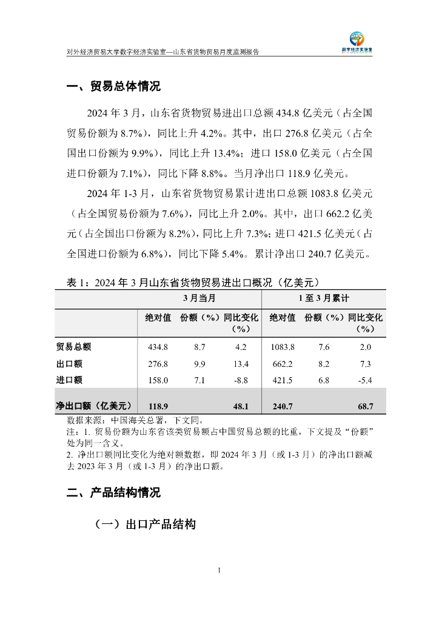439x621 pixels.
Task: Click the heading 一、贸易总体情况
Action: [x=113, y=87]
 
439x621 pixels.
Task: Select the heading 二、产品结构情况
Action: [x=113, y=492]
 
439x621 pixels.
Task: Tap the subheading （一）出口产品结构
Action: [x=145, y=525]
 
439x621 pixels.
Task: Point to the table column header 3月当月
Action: [x=199, y=299]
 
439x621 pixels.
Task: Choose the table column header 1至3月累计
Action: [x=323, y=299]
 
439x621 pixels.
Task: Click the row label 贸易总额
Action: [x=73, y=347]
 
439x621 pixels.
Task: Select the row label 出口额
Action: [x=69, y=364]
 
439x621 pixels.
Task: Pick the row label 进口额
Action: [x=69, y=380]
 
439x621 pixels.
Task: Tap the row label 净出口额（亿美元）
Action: [x=94, y=406]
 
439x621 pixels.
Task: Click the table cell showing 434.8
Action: [x=158, y=347]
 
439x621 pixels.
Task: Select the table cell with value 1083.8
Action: [x=282, y=347]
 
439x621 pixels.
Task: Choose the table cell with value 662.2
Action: [x=282, y=364]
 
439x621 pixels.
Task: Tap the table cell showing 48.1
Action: [x=241, y=406]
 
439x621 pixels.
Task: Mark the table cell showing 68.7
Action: [x=365, y=406]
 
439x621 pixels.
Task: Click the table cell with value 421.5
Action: [x=282, y=380]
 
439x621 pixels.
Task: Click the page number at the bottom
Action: [x=219, y=570]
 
